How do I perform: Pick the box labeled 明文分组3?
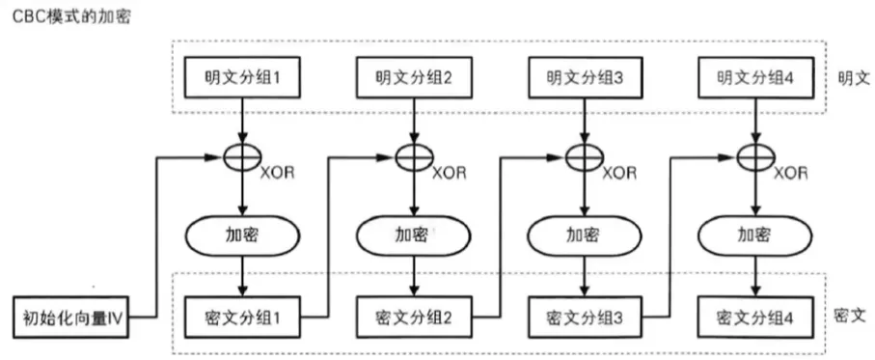click(585, 78)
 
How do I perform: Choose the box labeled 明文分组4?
click(754, 78)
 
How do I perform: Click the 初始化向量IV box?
click(71, 316)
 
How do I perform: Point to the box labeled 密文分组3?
click(585, 316)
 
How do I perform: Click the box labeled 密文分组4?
click(754, 316)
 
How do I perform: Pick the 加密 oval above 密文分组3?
click(585, 235)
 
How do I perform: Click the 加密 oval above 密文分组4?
click(754, 235)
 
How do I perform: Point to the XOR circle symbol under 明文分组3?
click(585, 154)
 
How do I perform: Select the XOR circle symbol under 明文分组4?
click(754, 154)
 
